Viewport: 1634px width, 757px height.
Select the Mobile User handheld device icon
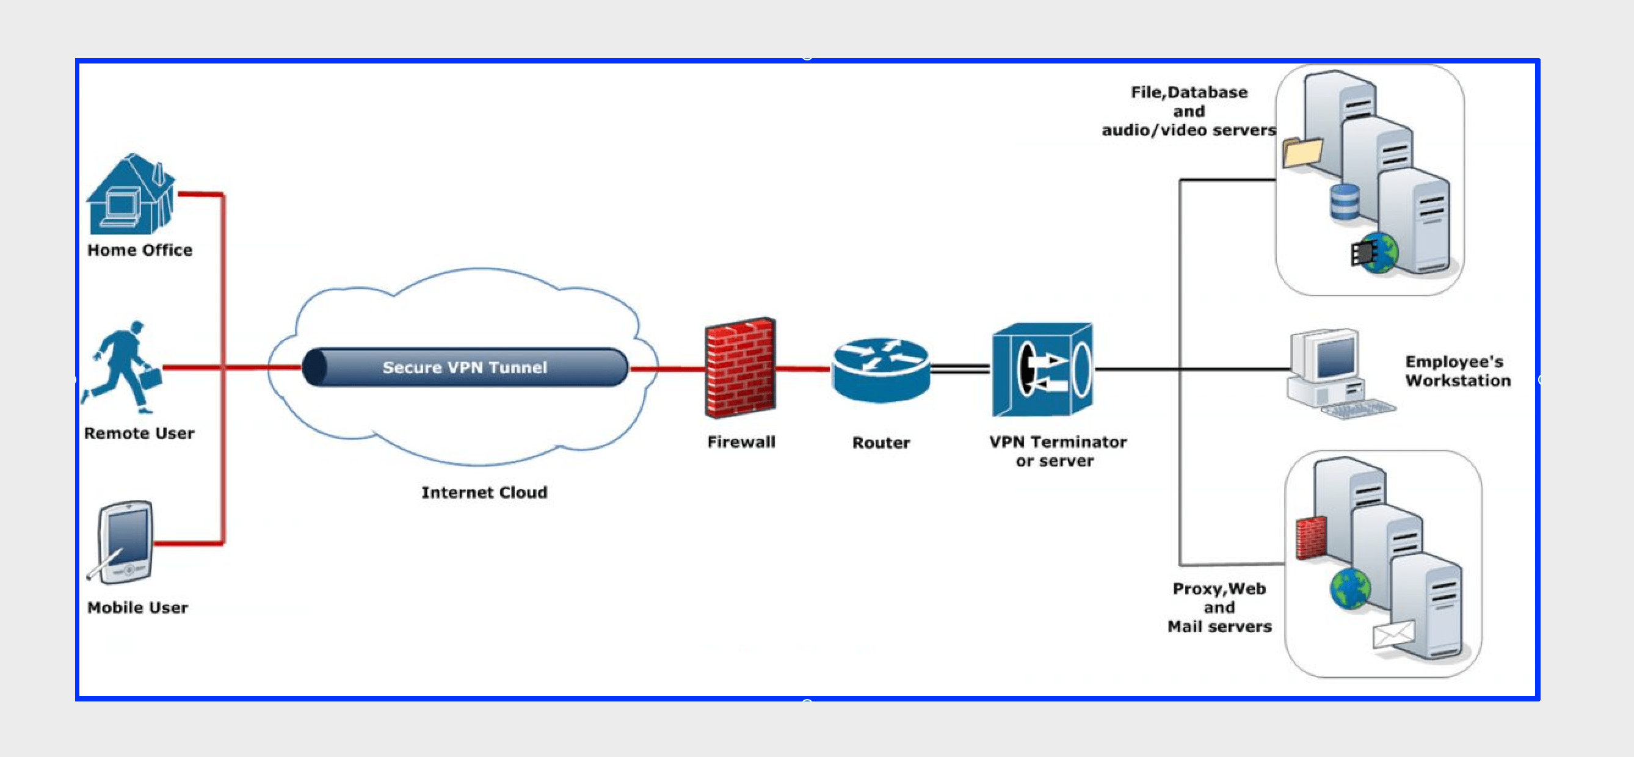pyautogui.click(x=126, y=542)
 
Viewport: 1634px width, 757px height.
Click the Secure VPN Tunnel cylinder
pyautogui.click(x=465, y=367)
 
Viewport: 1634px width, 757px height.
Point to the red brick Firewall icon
pyautogui.click(x=740, y=368)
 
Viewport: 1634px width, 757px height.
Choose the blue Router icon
pyautogui.click(x=881, y=370)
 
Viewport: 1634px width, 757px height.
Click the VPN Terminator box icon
pyautogui.click(x=1042, y=369)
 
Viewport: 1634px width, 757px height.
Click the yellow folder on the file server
pyautogui.click(x=1302, y=153)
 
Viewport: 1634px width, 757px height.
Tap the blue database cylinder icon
pyautogui.click(x=1344, y=202)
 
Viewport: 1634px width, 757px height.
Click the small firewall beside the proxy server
pyautogui.click(x=1311, y=538)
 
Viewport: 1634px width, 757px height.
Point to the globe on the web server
pyautogui.click(x=1351, y=589)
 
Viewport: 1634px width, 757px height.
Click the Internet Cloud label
pyautogui.click(x=484, y=493)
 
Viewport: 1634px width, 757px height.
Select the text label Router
pyautogui.click(x=881, y=443)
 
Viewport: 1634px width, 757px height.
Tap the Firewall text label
pyautogui.click(x=741, y=442)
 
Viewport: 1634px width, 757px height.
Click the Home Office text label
pyautogui.click(x=140, y=250)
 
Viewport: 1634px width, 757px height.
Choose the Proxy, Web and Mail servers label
pyautogui.click(x=1219, y=607)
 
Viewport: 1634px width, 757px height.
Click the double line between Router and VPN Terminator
pyautogui.click(x=960, y=368)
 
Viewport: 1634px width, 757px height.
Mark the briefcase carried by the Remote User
pyautogui.click(x=150, y=378)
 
